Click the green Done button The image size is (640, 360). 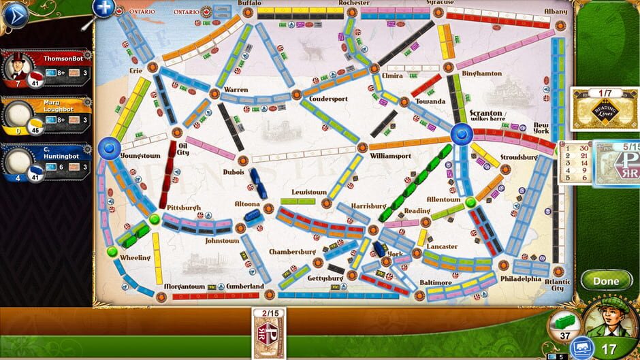point(605,280)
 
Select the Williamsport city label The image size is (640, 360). point(390,156)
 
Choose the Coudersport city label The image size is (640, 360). point(328,99)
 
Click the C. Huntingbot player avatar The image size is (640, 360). point(18,161)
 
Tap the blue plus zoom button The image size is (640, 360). point(103,7)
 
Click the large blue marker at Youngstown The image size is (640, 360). point(108,148)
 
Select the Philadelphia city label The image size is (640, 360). point(520,278)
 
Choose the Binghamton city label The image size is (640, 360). point(481,73)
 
